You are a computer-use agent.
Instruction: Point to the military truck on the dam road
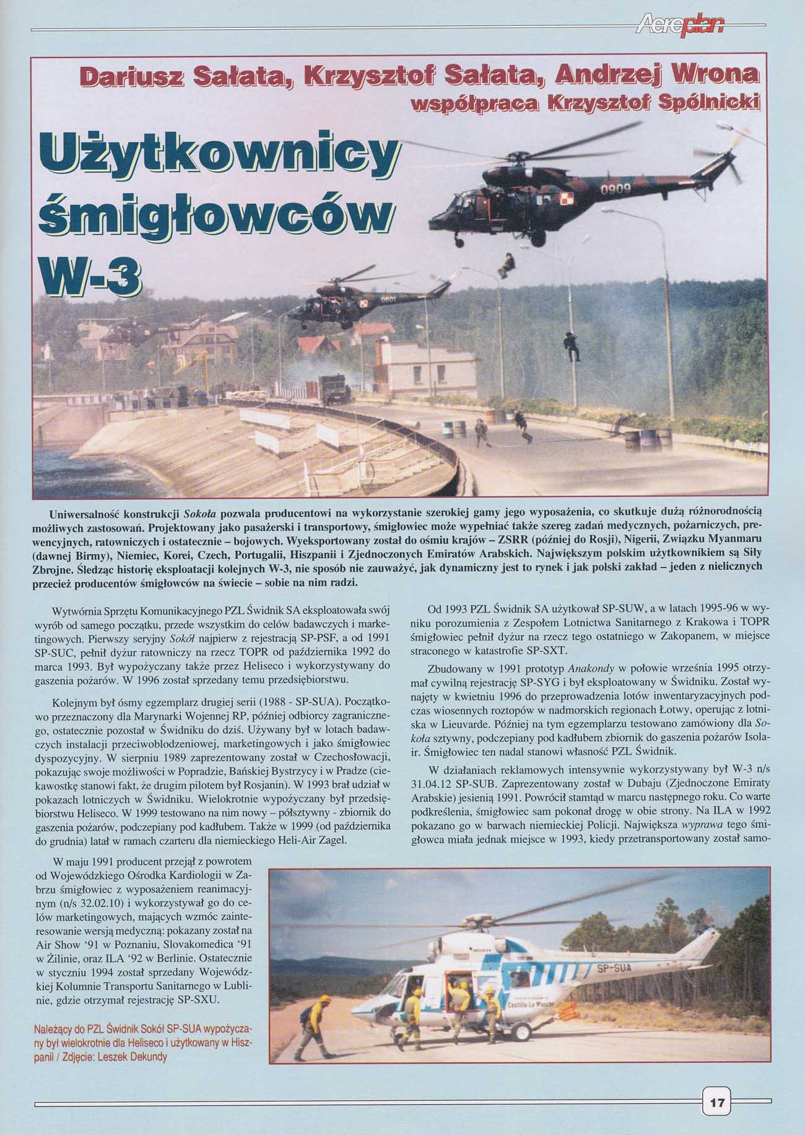point(334,388)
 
